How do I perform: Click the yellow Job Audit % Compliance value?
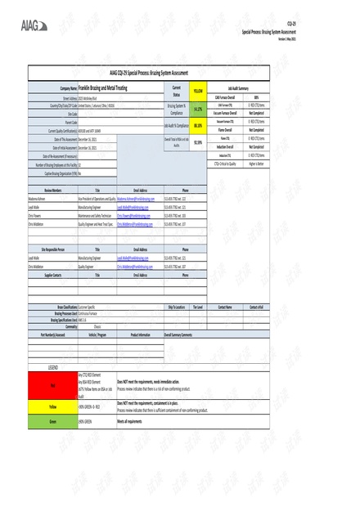click(x=198, y=125)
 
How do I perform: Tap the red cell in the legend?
click(x=52, y=384)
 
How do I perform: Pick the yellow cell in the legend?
click(x=52, y=406)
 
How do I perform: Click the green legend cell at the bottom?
click(x=52, y=421)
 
